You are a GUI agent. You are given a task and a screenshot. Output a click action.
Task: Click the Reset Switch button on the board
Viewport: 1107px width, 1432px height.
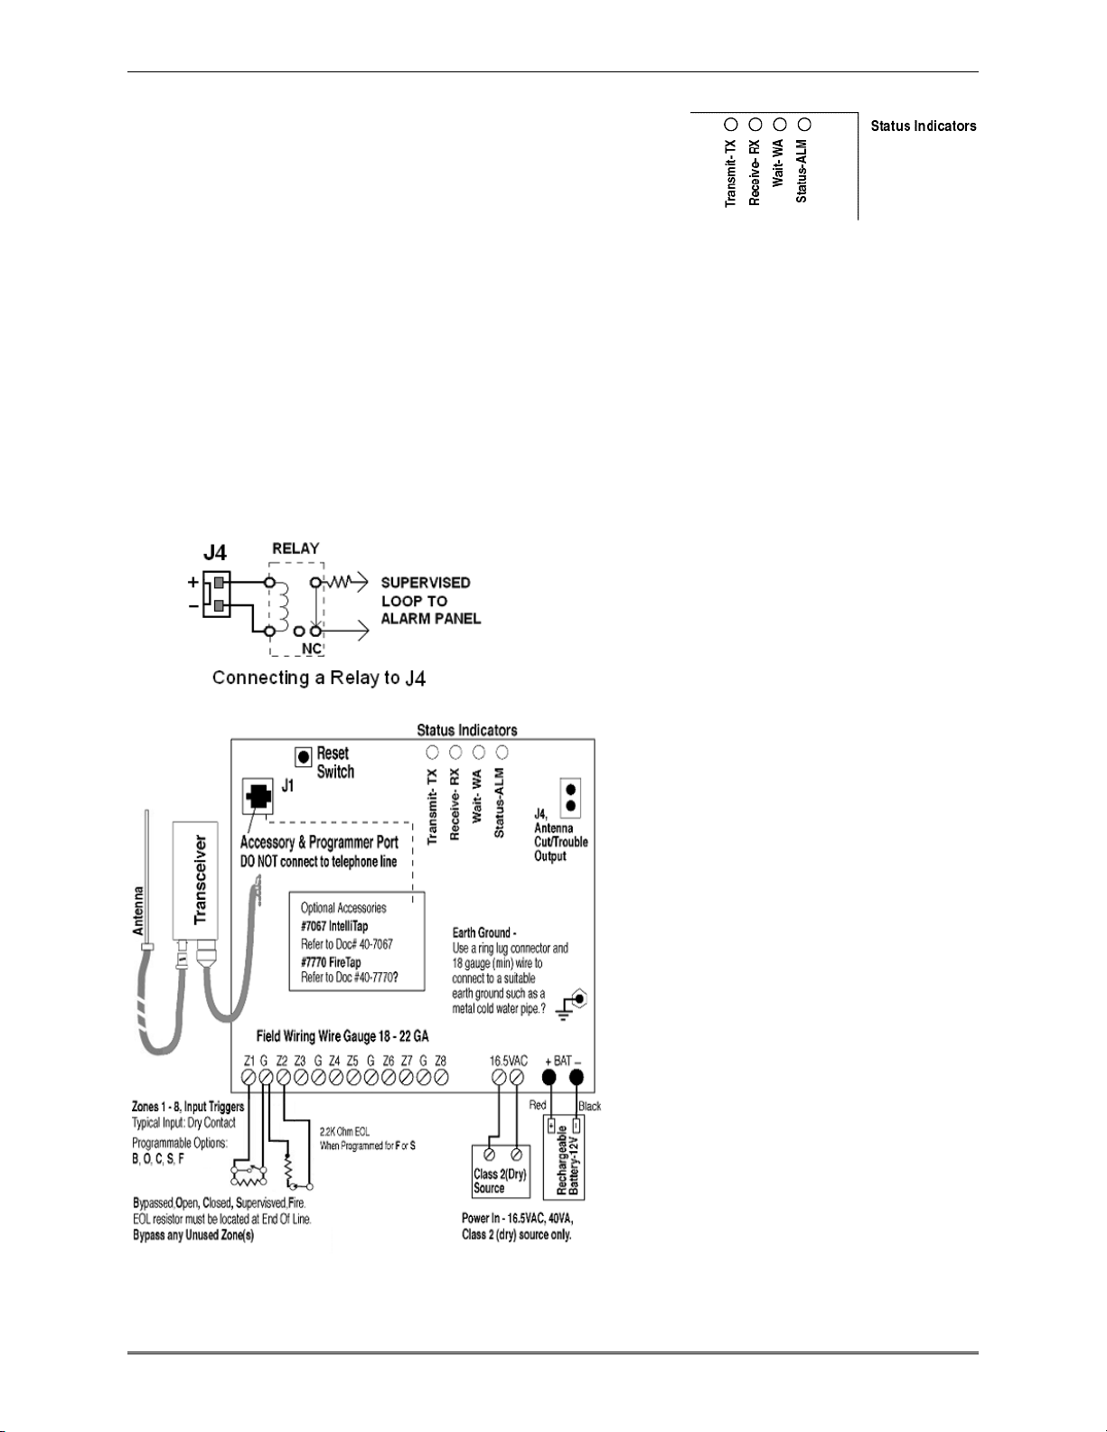pos(305,756)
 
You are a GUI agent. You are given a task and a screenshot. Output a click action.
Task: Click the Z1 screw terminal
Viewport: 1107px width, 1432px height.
pos(249,1078)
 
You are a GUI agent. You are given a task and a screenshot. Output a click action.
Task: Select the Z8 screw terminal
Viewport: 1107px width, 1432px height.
pos(441,1077)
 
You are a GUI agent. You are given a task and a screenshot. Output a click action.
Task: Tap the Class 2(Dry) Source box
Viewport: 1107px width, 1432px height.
pos(500,1173)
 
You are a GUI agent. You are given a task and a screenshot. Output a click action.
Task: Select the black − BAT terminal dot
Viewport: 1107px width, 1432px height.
pos(576,1078)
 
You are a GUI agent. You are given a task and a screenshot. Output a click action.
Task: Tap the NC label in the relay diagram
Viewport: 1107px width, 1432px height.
pos(312,648)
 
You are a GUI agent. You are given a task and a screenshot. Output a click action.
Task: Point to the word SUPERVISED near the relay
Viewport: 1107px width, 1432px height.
pos(426,584)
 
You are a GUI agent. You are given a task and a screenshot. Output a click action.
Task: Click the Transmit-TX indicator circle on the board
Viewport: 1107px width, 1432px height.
pos(432,752)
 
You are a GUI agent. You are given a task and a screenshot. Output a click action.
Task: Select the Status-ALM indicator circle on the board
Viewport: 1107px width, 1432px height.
pos(502,752)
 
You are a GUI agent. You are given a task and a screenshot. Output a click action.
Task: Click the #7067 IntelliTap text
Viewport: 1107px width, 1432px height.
pos(334,926)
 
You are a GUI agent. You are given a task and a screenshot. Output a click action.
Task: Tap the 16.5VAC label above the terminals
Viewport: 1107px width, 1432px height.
pos(509,1061)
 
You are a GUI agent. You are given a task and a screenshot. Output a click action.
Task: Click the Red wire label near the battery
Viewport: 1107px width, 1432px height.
pos(538,1105)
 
